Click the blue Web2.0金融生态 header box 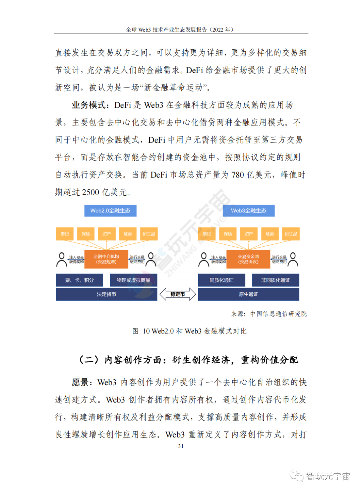(x=110, y=211)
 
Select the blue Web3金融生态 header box (x=249, y=211)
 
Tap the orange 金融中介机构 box (x=106, y=259)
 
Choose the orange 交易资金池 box (x=248, y=259)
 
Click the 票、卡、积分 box (x=79, y=280)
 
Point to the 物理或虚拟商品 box (x=133, y=280)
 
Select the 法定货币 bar (x=106, y=294)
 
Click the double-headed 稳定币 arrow (x=178, y=294)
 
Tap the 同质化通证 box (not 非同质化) (x=222, y=280)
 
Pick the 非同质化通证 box (x=276, y=280)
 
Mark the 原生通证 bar (x=248, y=294)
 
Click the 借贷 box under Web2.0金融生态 (x=65, y=234)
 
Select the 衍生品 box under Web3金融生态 (x=291, y=234)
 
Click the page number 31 (x=181, y=446)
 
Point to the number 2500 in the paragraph (x=90, y=192)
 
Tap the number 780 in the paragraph (x=237, y=175)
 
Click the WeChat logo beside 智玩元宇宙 (x=297, y=476)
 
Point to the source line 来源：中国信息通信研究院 (x=269, y=314)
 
